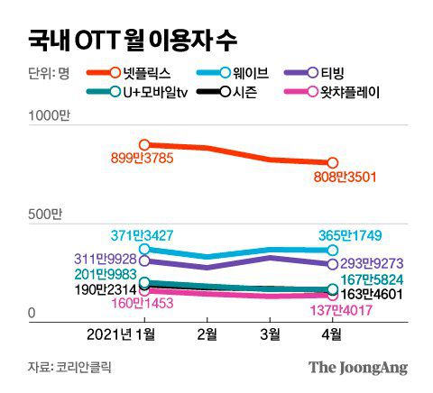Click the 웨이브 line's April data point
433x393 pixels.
pos(333,250)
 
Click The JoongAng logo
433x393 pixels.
pos(357,367)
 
